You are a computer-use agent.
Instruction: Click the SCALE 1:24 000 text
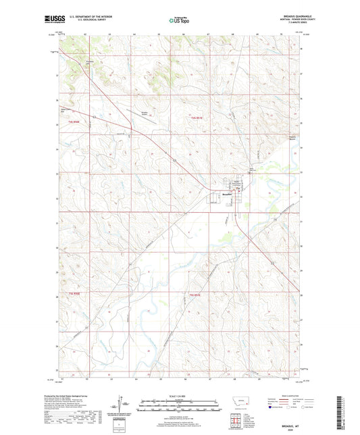pos(180,395)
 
